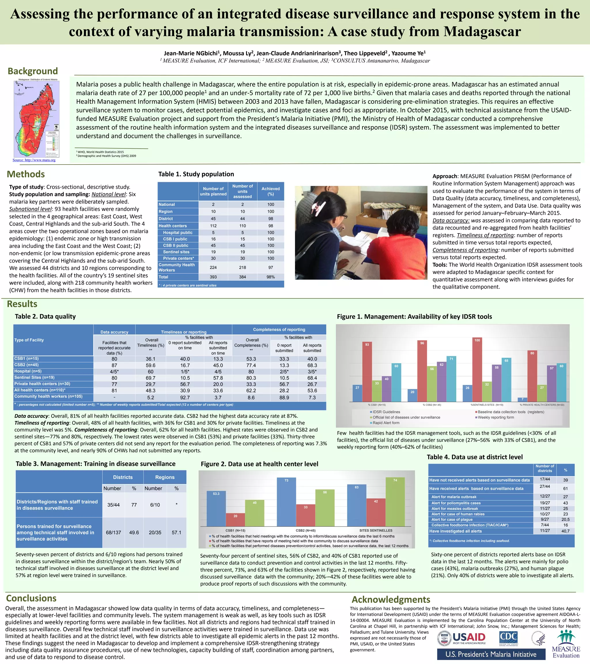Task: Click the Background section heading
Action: tap(33, 71)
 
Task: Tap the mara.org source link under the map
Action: tap(34, 160)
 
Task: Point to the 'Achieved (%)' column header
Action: tap(271, 191)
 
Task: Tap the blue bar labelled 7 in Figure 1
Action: tap(522, 399)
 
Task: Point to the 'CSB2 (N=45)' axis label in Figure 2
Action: tap(306, 531)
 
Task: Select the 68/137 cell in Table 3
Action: tap(113, 532)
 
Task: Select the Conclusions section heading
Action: tap(31, 598)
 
